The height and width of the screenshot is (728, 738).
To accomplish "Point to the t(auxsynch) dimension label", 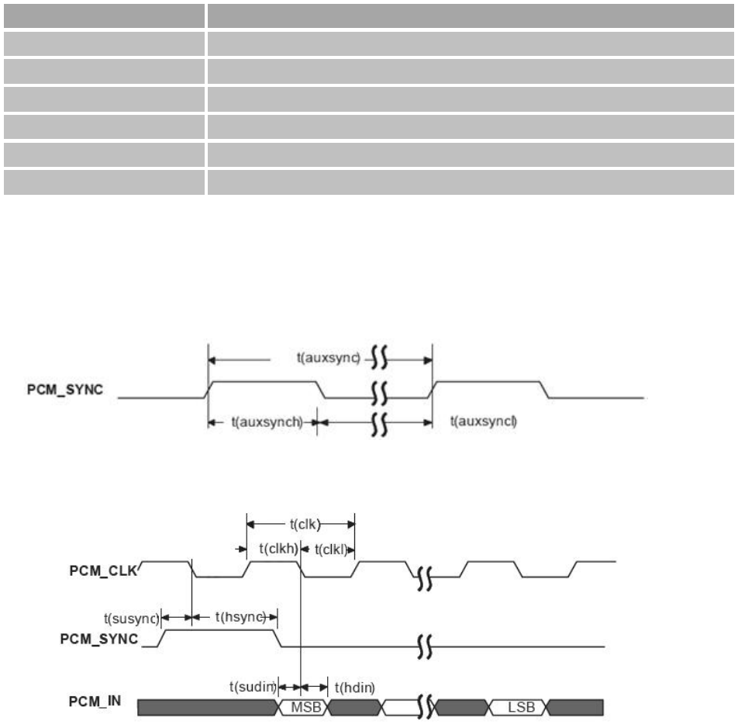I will coord(267,422).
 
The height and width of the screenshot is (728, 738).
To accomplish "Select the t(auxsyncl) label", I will coord(484,422).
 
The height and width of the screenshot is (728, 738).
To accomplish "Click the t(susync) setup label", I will coord(130,618).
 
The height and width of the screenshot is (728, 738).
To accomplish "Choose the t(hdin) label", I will coord(353,686).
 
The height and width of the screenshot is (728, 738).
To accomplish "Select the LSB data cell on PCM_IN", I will coord(519,708).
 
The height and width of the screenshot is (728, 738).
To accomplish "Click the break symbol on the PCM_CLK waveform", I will coord(424,577).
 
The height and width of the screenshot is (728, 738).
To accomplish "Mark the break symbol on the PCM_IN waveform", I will coord(424,708).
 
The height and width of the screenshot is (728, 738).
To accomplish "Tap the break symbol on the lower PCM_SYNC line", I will coord(424,646).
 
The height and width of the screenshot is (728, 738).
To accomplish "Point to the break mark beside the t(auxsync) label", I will coord(379,359).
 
